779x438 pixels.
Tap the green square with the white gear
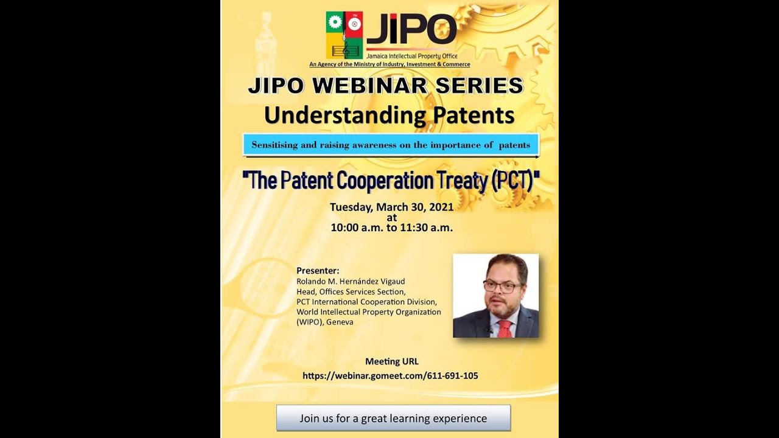pyautogui.click(x=335, y=23)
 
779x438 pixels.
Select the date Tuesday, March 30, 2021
pyautogui.click(x=391, y=207)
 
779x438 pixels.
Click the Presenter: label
pyautogui.click(x=318, y=270)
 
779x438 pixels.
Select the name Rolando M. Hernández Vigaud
pyautogui.click(x=351, y=281)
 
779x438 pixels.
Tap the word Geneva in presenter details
pyautogui.click(x=340, y=322)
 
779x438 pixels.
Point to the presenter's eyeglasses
pyautogui.click(x=502, y=287)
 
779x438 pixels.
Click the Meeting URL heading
pyautogui.click(x=391, y=361)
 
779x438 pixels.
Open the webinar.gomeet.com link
pyautogui.click(x=390, y=376)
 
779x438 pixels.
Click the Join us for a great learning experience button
pyautogui.click(x=393, y=418)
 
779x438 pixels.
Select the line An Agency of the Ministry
pyautogui.click(x=389, y=64)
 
